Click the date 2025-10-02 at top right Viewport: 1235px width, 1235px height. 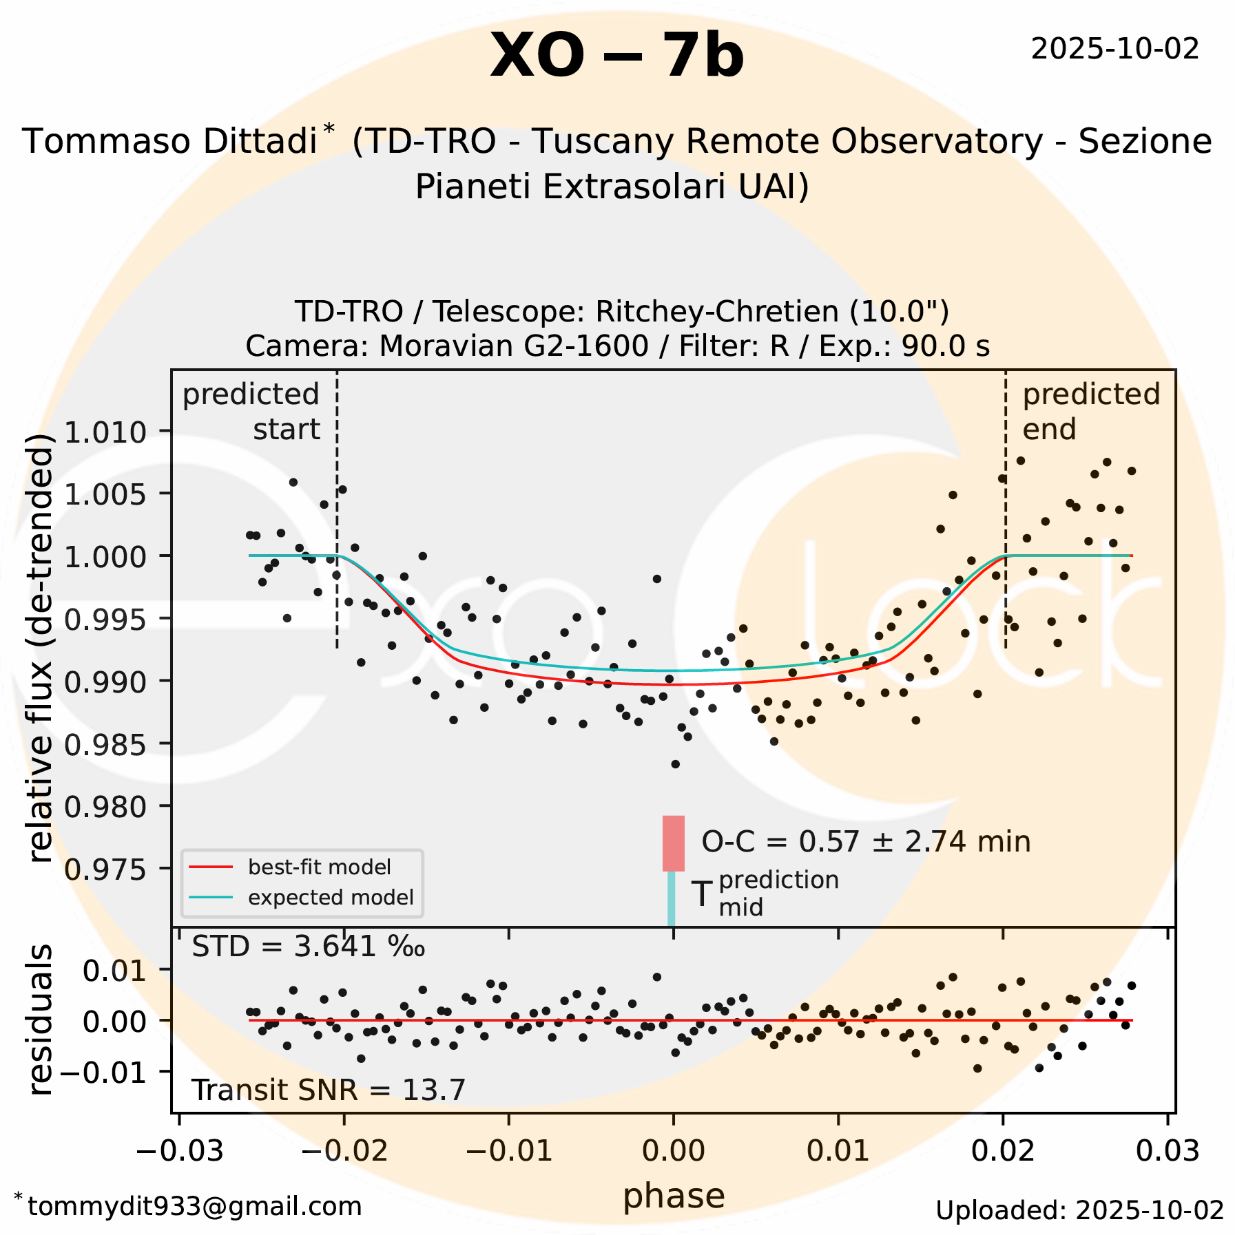click(x=1114, y=49)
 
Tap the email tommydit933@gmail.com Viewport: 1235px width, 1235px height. click(x=194, y=1206)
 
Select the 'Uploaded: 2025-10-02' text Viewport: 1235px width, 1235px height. click(x=1079, y=1210)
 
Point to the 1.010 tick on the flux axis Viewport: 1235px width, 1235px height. click(x=105, y=432)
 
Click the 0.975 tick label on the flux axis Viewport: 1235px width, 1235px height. click(x=105, y=869)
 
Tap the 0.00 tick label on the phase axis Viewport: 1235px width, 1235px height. click(x=673, y=1150)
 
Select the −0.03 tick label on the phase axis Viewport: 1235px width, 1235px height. click(x=180, y=1150)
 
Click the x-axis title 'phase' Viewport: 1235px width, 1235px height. click(x=673, y=1196)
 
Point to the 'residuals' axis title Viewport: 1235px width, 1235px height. click(x=41, y=1020)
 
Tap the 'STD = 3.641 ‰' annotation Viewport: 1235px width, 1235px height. click(x=308, y=947)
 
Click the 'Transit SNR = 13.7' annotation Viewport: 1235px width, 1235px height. click(x=328, y=1090)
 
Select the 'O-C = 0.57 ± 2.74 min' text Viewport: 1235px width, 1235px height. click(x=865, y=842)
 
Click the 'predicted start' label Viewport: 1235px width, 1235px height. click(x=251, y=412)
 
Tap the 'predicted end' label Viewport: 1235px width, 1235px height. click(x=1090, y=412)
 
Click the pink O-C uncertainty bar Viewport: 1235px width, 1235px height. click(x=673, y=843)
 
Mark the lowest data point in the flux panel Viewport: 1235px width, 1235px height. click(x=675, y=764)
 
